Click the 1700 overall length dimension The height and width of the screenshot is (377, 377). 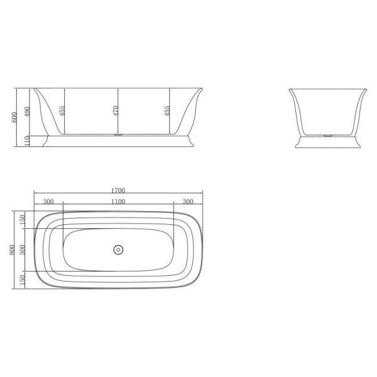click(118, 190)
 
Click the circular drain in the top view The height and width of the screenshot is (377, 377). click(117, 250)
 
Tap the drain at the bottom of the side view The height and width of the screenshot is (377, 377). click(117, 134)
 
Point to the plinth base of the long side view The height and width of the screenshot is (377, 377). click(117, 142)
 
